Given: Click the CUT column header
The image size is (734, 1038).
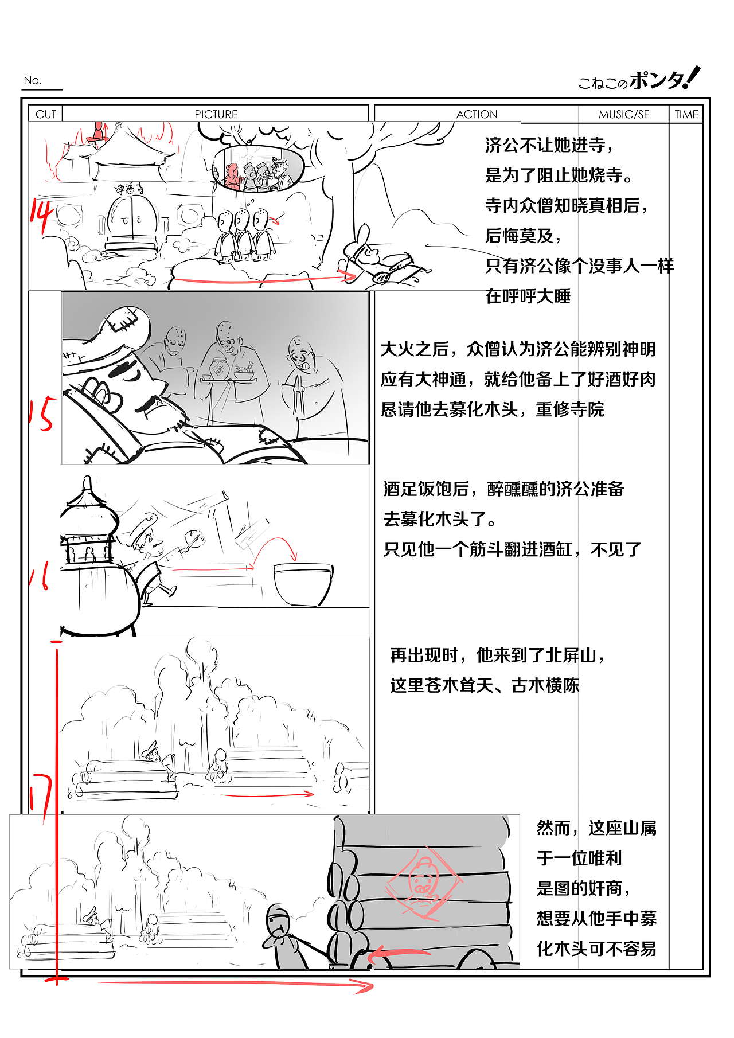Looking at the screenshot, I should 46,114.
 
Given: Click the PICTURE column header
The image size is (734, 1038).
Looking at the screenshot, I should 216,114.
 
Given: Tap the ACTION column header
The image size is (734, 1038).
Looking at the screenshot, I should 477,114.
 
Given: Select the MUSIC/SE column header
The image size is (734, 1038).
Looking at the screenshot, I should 624,114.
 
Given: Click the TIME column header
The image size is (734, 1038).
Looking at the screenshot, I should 686,114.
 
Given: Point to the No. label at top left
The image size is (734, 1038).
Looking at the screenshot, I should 33,80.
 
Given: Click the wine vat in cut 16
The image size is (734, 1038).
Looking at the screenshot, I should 303,584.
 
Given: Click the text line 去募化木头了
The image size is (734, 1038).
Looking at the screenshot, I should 439,520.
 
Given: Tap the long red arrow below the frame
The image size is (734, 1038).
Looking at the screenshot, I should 235,984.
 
